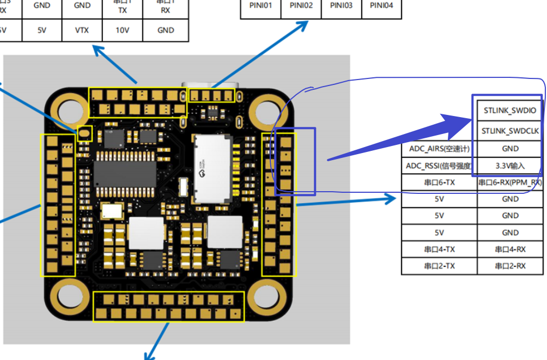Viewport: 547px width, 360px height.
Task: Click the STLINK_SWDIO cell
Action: (510, 111)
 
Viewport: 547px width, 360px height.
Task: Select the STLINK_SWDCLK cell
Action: (510, 131)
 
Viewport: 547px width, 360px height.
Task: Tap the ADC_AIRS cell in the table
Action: (439, 149)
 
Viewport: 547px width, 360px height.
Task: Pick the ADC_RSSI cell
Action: (439, 166)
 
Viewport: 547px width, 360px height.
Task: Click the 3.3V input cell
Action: (510, 166)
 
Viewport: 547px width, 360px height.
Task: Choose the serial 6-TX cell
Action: (439, 182)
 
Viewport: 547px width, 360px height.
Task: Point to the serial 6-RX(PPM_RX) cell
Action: (510, 182)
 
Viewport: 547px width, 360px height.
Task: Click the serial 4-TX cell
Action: (439, 249)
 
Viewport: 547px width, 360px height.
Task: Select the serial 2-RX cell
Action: (510, 266)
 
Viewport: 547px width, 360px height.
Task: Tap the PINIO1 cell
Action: (262, 6)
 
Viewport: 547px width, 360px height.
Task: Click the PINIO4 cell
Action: (381, 6)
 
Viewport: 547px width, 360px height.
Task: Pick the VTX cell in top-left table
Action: (82, 30)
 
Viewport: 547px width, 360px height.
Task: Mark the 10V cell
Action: (123, 30)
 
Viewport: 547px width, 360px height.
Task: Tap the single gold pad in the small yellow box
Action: (84, 132)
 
